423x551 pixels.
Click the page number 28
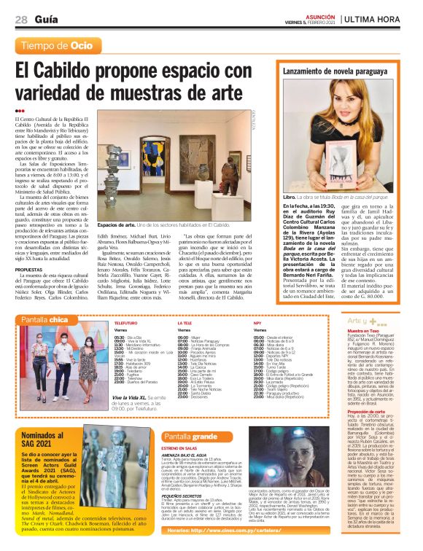(21, 19)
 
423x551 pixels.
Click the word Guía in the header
(45, 19)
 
